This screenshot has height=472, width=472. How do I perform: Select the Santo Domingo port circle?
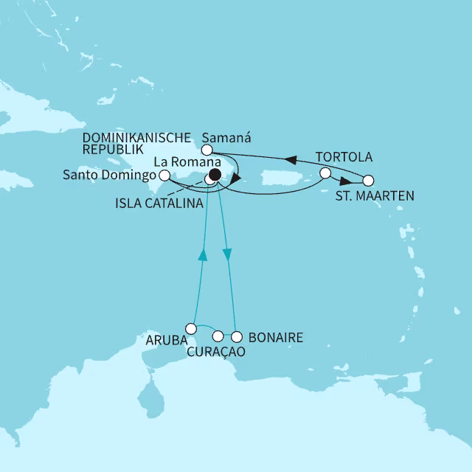point(164,176)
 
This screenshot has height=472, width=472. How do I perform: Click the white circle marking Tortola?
point(324,174)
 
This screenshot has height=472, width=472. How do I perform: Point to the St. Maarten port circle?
point(369,180)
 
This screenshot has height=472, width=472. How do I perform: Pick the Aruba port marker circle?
point(191,328)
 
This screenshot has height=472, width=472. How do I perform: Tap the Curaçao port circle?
point(218,337)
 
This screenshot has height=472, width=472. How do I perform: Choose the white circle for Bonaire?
point(235,338)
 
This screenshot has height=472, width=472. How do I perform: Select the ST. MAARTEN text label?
point(374,195)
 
